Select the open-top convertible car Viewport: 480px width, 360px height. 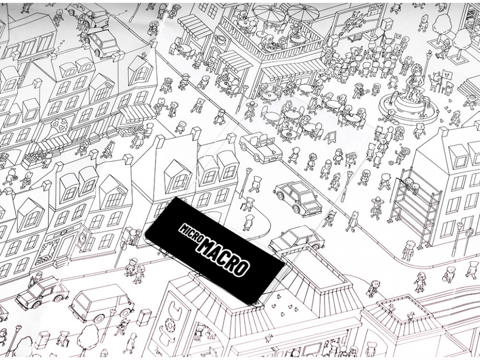point(260,148)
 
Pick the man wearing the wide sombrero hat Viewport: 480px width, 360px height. point(375,207)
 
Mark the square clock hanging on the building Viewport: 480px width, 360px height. point(83,238)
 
